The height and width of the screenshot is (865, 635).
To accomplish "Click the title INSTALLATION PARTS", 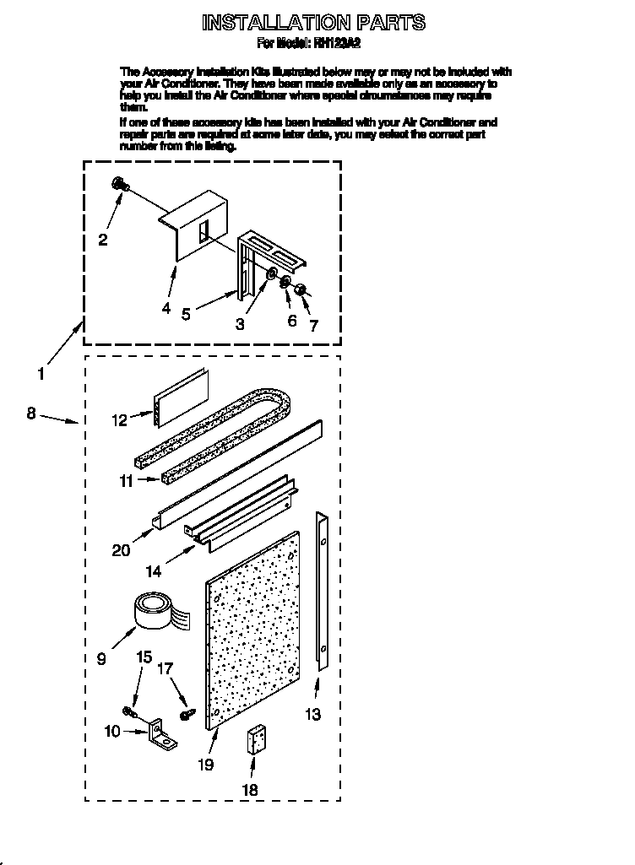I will [x=313, y=22].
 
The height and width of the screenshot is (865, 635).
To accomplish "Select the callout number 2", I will [x=103, y=240].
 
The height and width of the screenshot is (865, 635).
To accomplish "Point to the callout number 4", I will [x=166, y=308].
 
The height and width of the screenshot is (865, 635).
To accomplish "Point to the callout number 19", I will [x=205, y=765].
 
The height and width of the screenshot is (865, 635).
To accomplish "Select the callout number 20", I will [x=122, y=550].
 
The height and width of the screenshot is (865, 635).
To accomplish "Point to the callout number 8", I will [x=31, y=414].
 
